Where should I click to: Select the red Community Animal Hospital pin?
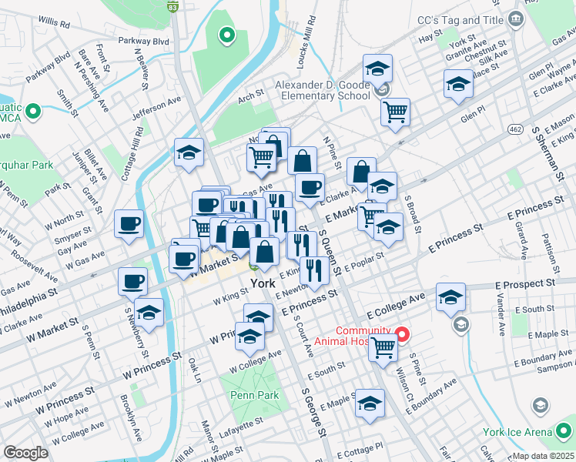[402, 335]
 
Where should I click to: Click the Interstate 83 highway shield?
[173, 6]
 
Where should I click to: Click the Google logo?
[26, 453]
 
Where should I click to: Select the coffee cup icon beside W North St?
[129, 223]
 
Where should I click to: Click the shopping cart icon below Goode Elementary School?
[395, 112]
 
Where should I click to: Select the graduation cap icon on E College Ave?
[450, 297]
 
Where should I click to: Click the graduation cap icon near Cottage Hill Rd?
[189, 152]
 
